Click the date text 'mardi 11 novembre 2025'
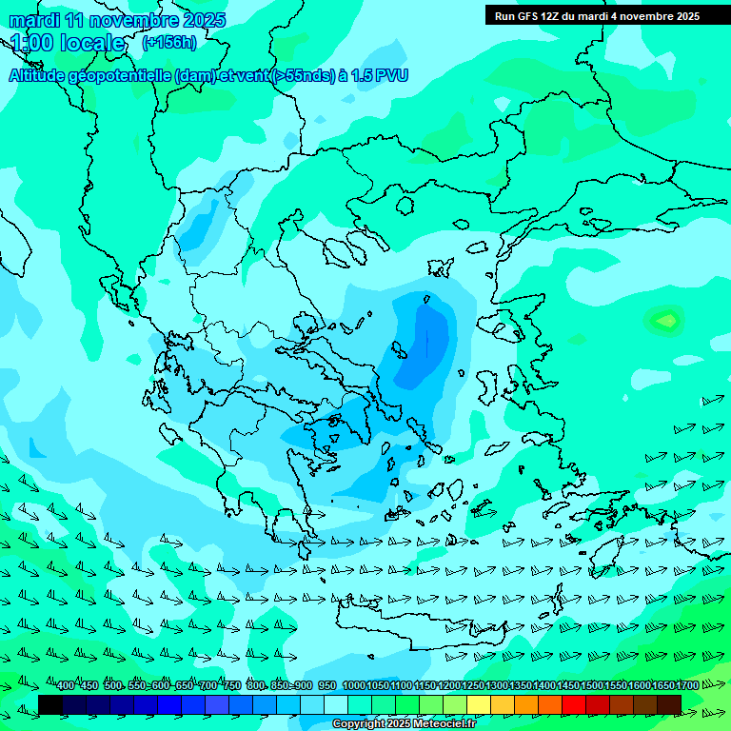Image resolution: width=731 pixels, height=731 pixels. coord(117,20)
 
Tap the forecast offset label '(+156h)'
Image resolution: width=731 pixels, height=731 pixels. coord(169,42)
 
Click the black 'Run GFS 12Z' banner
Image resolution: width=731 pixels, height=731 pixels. coord(597,15)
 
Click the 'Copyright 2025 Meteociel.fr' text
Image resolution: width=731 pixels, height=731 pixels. coord(404,724)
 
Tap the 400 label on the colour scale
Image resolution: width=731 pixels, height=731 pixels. coord(66,686)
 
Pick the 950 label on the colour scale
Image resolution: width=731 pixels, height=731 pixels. coord(326,686)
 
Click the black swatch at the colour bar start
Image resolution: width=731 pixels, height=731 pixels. coord(50,704)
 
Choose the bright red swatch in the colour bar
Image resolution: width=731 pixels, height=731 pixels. coord(574,704)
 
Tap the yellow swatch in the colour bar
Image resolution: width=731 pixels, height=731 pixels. coord(479,704)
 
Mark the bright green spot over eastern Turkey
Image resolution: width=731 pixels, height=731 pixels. coord(664,320)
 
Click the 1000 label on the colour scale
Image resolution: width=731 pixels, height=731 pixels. coord(354,686)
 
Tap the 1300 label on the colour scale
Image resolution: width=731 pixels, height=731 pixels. coord(497,686)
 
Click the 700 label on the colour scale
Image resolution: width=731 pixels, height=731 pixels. coord(207,686)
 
